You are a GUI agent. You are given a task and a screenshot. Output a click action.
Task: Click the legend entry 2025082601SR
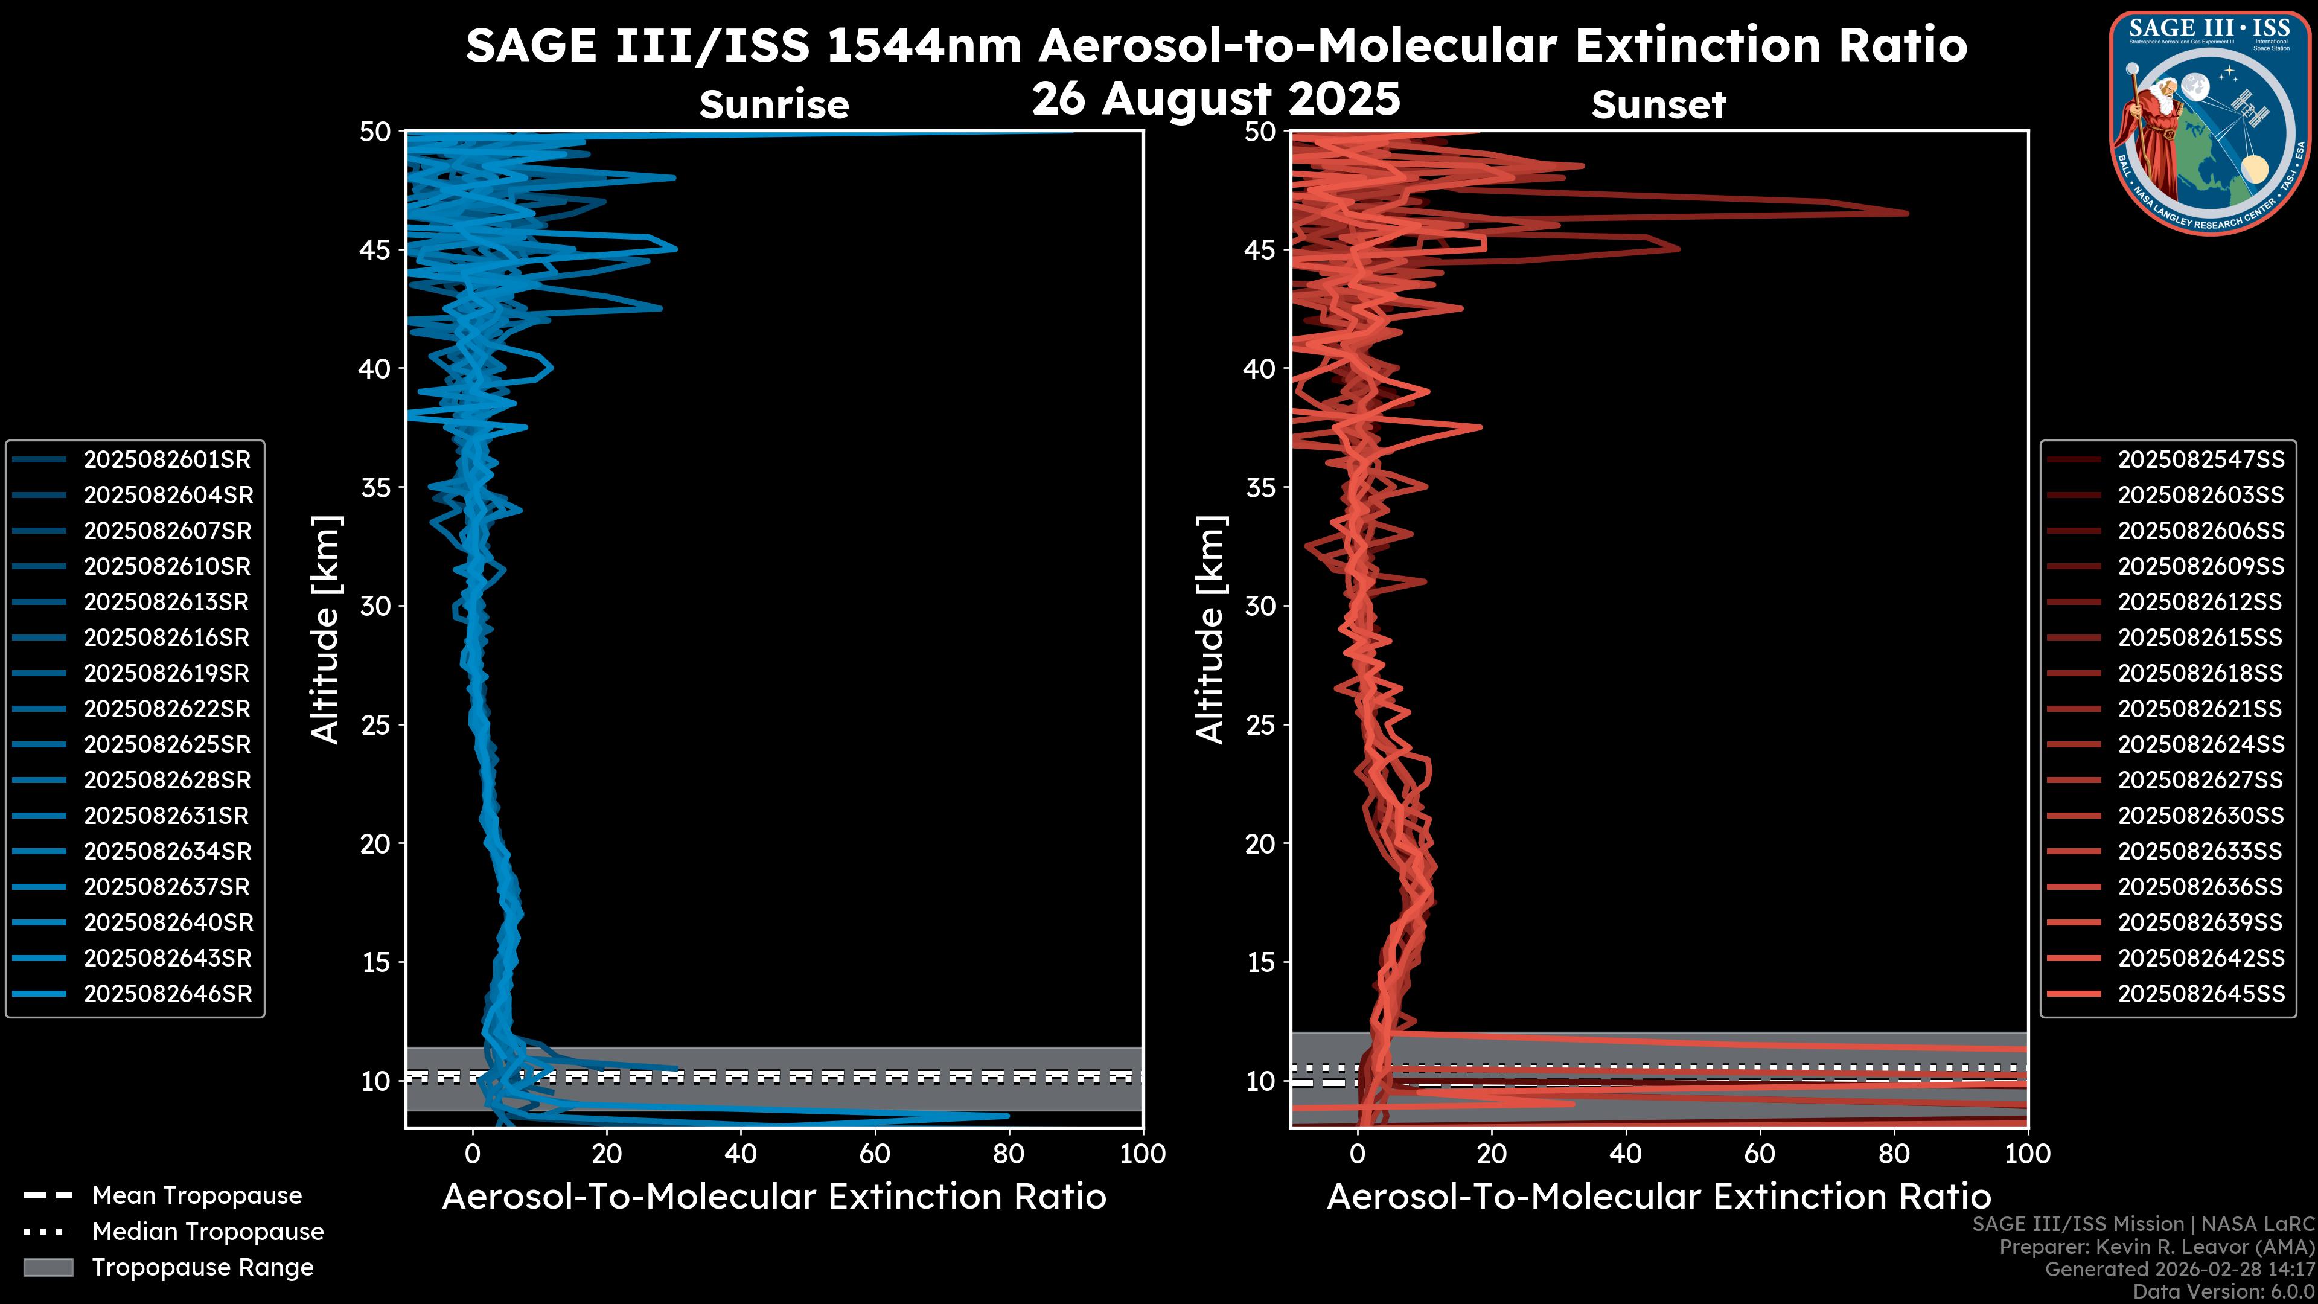167,460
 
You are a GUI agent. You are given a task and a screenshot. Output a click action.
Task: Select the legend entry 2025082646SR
167,994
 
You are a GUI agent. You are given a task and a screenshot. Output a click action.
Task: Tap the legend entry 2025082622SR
167,709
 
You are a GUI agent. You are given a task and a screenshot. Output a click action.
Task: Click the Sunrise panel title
774,105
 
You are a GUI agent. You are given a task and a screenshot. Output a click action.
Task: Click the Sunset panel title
1658,105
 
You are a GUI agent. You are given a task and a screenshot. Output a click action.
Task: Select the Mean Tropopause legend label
197,1196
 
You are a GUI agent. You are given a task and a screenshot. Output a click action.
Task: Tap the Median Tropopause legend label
208,1232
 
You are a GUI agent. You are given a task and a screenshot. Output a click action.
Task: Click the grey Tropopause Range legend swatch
48,1267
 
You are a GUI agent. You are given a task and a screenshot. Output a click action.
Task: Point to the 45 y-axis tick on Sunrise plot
375,249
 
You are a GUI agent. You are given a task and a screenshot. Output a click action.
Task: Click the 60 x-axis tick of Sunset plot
1759,1154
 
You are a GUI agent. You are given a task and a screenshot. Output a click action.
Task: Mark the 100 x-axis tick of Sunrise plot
1143,1154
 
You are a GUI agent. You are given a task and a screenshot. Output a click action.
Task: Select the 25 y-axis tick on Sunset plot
1260,724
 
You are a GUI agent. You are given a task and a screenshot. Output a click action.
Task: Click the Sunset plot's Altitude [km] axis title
1210,630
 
